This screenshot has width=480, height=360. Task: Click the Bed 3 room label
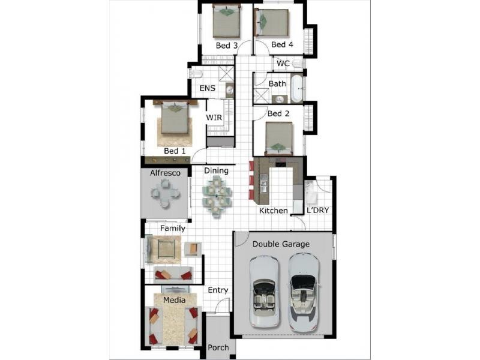pos(227,46)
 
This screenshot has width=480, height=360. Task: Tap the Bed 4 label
pos(282,44)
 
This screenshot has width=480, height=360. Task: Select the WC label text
pos(283,64)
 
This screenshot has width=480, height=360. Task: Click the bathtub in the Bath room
pos(296,88)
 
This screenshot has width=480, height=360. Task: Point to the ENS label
pos(207,88)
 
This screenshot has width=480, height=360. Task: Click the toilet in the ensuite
pos(196,74)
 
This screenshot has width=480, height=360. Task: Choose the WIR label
pos(214,118)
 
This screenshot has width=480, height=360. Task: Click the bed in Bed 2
pos(278,139)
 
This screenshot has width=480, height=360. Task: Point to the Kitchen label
pos(274,211)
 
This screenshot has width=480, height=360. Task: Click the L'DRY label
pos(318,211)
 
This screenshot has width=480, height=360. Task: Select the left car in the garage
pos(264,292)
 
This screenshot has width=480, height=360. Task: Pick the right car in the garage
pos(304,293)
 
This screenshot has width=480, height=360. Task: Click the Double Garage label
pos(281,244)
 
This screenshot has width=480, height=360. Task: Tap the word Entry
pos(218,290)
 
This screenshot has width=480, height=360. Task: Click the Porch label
pos(218,348)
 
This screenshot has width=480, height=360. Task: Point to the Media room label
pos(174,300)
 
